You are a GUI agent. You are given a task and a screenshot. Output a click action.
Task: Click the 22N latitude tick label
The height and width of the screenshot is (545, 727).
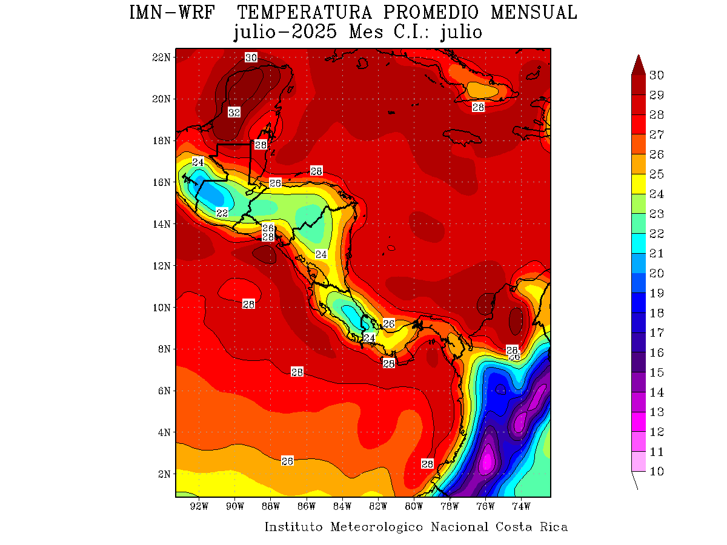click(161, 57)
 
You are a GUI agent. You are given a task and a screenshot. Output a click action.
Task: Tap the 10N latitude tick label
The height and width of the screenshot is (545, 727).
click(161, 307)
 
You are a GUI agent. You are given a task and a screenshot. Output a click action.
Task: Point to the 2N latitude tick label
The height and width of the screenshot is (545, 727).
click(164, 474)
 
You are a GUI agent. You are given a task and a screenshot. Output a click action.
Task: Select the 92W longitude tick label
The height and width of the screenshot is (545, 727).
click(199, 506)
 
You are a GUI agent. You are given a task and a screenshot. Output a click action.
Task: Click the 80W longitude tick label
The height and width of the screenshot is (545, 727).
click(414, 506)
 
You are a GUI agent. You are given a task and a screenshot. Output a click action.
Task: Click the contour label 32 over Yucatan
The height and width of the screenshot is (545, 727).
click(234, 113)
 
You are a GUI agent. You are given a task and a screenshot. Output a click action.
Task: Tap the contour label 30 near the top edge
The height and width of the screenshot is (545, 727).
click(251, 58)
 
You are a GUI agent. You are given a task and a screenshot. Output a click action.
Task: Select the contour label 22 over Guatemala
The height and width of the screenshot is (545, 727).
click(222, 213)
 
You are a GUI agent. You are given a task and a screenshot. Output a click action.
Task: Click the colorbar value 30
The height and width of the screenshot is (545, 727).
click(656, 75)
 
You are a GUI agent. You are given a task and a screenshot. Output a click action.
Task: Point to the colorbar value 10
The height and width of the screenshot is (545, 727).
click(656, 472)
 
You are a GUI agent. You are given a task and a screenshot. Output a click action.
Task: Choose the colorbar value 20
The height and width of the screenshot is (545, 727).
click(656, 274)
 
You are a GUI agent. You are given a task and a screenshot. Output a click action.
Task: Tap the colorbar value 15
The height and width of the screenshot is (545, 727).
click(656, 372)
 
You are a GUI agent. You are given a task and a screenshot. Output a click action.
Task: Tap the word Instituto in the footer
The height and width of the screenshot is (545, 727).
click(294, 527)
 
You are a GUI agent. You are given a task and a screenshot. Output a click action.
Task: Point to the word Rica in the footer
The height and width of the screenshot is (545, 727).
click(554, 527)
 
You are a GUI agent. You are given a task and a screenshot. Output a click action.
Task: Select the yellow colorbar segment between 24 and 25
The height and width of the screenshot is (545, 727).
click(637, 184)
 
